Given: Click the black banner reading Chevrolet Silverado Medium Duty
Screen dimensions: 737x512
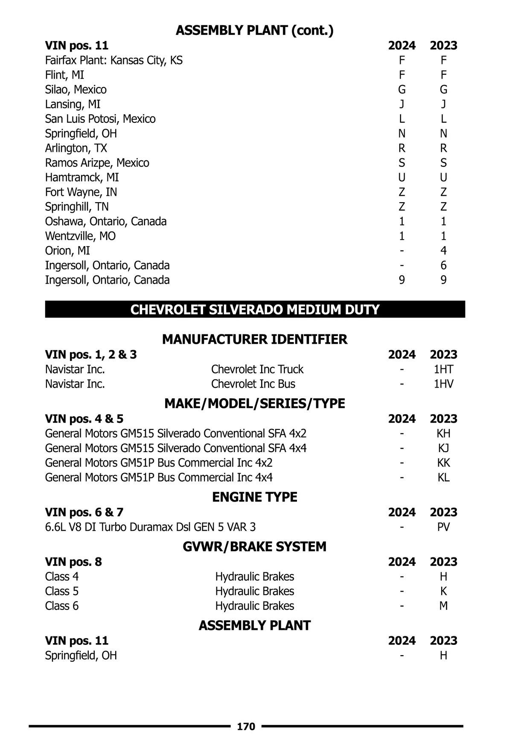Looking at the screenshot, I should tap(255, 309).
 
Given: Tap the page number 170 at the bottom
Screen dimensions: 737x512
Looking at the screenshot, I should tap(246, 726).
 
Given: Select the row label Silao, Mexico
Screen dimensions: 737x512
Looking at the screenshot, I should tap(76, 90).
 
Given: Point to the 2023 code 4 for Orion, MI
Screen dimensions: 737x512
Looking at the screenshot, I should tap(443, 251).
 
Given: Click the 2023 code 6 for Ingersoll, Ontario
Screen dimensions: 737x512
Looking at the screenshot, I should tap(443, 265).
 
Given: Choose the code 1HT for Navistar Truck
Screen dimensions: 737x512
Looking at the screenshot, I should tap(443, 369).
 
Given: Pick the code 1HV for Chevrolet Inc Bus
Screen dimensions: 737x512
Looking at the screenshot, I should tap(443, 384).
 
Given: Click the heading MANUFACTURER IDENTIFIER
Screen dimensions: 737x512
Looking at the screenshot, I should tap(255, 339).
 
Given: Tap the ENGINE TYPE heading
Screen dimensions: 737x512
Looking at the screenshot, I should tap(255, 497).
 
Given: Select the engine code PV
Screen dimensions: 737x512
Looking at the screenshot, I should tap(443, 527).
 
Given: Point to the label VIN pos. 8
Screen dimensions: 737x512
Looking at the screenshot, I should tap(73, 562).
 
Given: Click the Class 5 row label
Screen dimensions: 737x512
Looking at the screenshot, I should tap(62, 591).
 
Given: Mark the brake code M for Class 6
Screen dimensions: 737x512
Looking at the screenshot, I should tap(443, 606).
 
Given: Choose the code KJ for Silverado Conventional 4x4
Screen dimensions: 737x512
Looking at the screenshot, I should tap(443, 448).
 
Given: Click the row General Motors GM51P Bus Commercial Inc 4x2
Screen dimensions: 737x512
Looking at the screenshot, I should tap(159, 463).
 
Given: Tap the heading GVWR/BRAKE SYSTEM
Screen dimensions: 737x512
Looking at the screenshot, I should tap(255, 546).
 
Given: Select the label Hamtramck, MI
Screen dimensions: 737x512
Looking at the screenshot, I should tap(82, 177).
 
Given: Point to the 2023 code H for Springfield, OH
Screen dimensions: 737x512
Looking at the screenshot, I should tap(443, 656).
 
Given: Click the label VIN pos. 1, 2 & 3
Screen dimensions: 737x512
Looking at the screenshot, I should tap(91, 354).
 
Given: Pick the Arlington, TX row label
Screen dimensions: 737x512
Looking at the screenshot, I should tap(76, 148).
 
